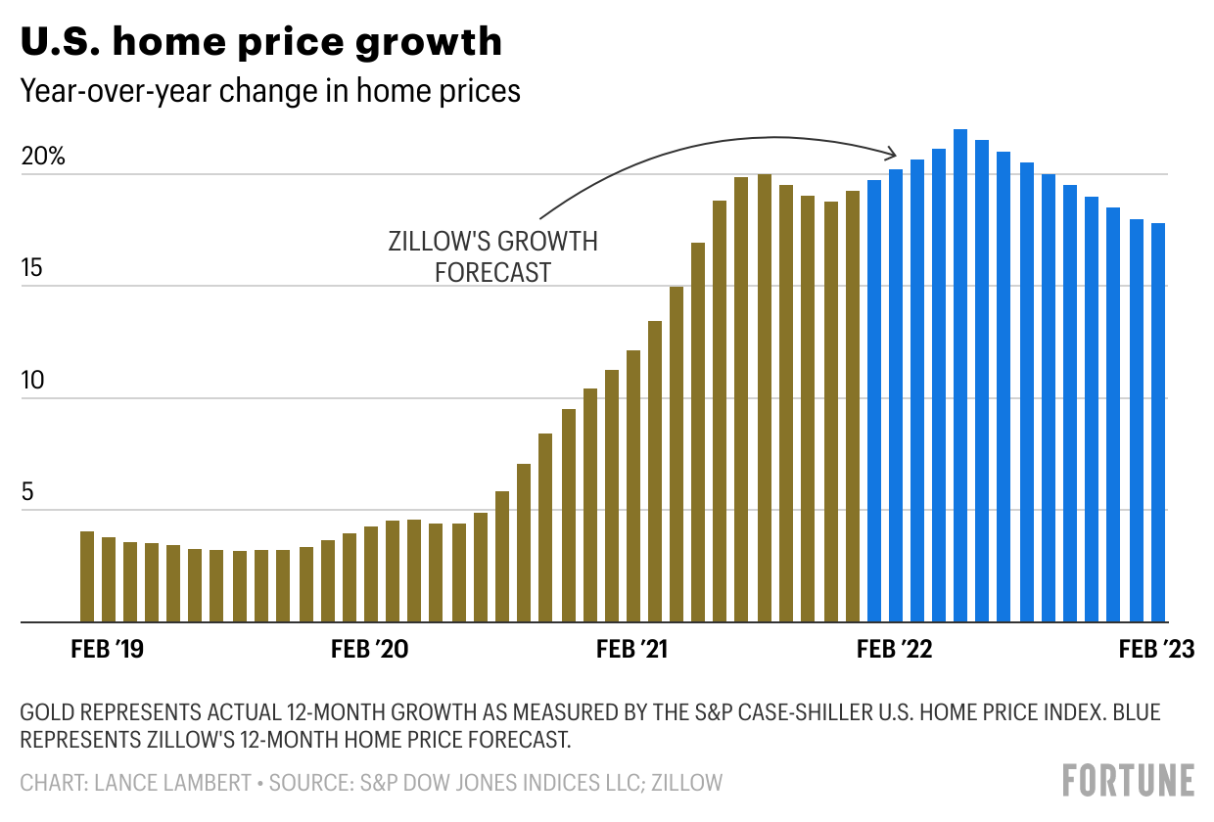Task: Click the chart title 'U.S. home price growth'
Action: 261,41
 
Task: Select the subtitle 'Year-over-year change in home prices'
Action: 270,91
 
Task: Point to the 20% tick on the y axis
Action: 43,157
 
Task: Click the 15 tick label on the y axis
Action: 33,268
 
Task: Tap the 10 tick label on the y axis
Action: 33,380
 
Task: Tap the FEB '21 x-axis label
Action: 631,651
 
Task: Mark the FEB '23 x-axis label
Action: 1156,651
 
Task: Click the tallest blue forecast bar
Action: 960,376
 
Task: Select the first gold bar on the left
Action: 87,576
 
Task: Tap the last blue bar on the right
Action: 1158,423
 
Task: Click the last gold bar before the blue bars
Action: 853,406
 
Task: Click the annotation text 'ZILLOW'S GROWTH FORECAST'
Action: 492,256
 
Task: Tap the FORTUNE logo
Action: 1129,780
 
